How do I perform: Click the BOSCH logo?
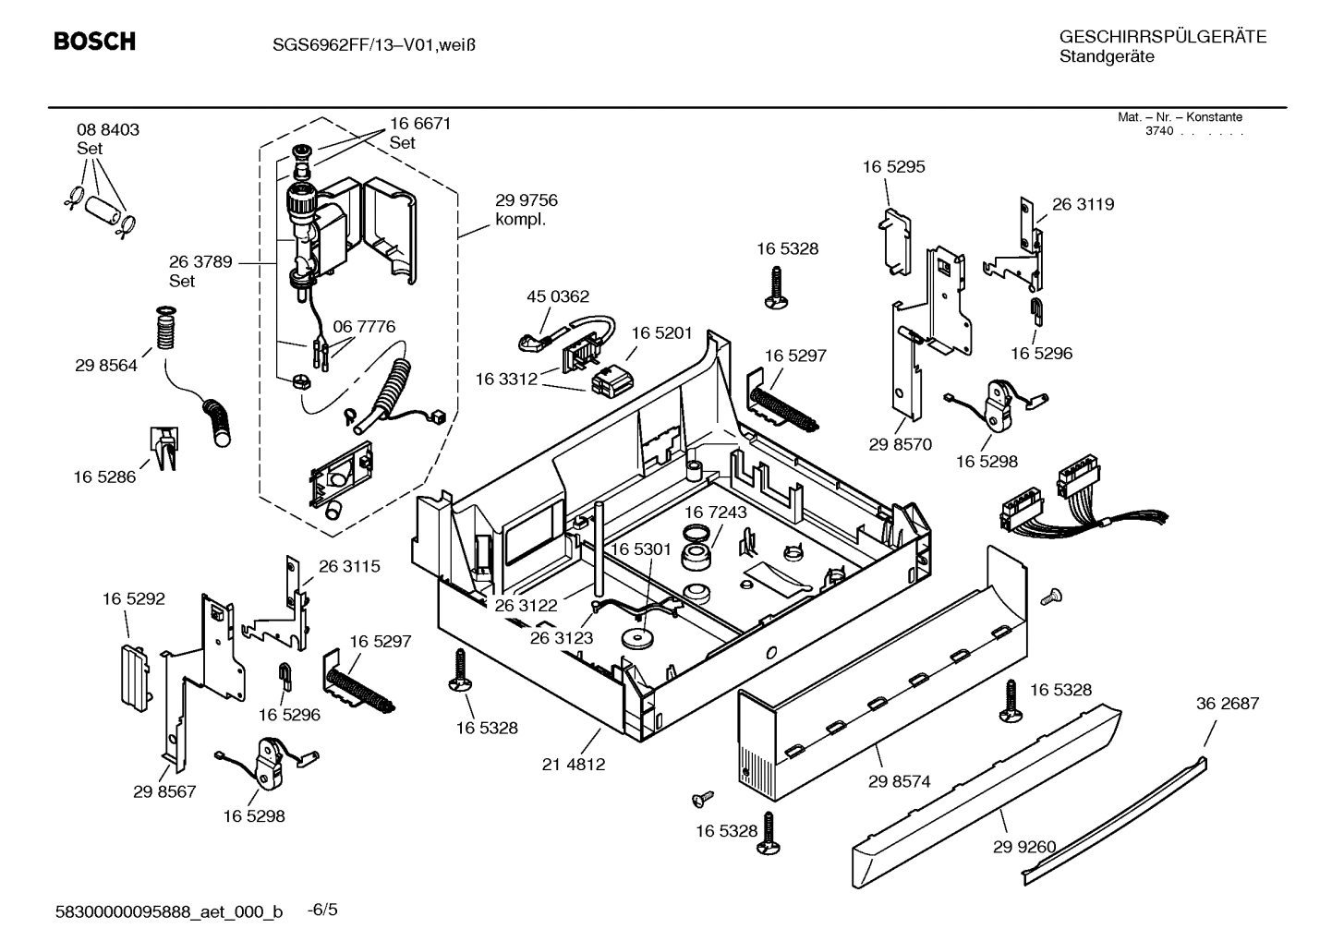(x=94, y=42)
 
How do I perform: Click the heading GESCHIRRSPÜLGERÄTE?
(x=1162, y=37)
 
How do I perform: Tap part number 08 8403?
(x=108, y=130)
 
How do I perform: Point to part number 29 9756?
(x=527, y=200)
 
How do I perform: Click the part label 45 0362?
(x=558, y=296)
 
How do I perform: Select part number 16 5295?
(x=893, y=167)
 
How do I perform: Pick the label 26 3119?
(x=1083, y=205)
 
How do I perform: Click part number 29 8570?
(x=900, y=444)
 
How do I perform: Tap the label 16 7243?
(x=716, y=512)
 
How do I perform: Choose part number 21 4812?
(x=574, y=764)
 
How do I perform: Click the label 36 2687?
(x=1228, y=704)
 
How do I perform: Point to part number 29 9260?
(x=1024, y=847)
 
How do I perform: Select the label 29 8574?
(x=899, y=781)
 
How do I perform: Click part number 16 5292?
(x=134, y=599)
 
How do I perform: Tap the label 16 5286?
(x=104, y=477)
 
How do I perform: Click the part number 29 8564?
(x=106, y=366)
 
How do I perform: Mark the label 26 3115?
(x=349, y=567)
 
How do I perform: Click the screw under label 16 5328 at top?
(x=774, y=286)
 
